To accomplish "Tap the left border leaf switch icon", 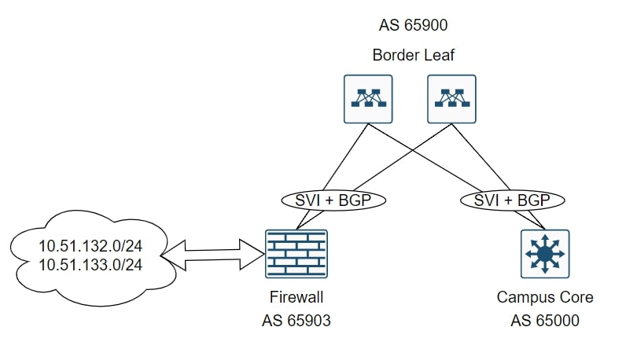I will (x=368, y=98).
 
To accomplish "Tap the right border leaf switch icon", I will (x=451, y=98).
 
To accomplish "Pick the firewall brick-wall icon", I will (x=296, y=254).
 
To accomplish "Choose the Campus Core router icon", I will (x=545, y=254).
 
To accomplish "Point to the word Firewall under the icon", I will (x=296, y=297).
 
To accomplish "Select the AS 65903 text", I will (x=296, y=322).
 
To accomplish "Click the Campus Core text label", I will (x=545, y=297).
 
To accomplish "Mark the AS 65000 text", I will (x=545, y=322).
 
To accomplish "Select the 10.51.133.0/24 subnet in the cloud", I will (x=90, y=265).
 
